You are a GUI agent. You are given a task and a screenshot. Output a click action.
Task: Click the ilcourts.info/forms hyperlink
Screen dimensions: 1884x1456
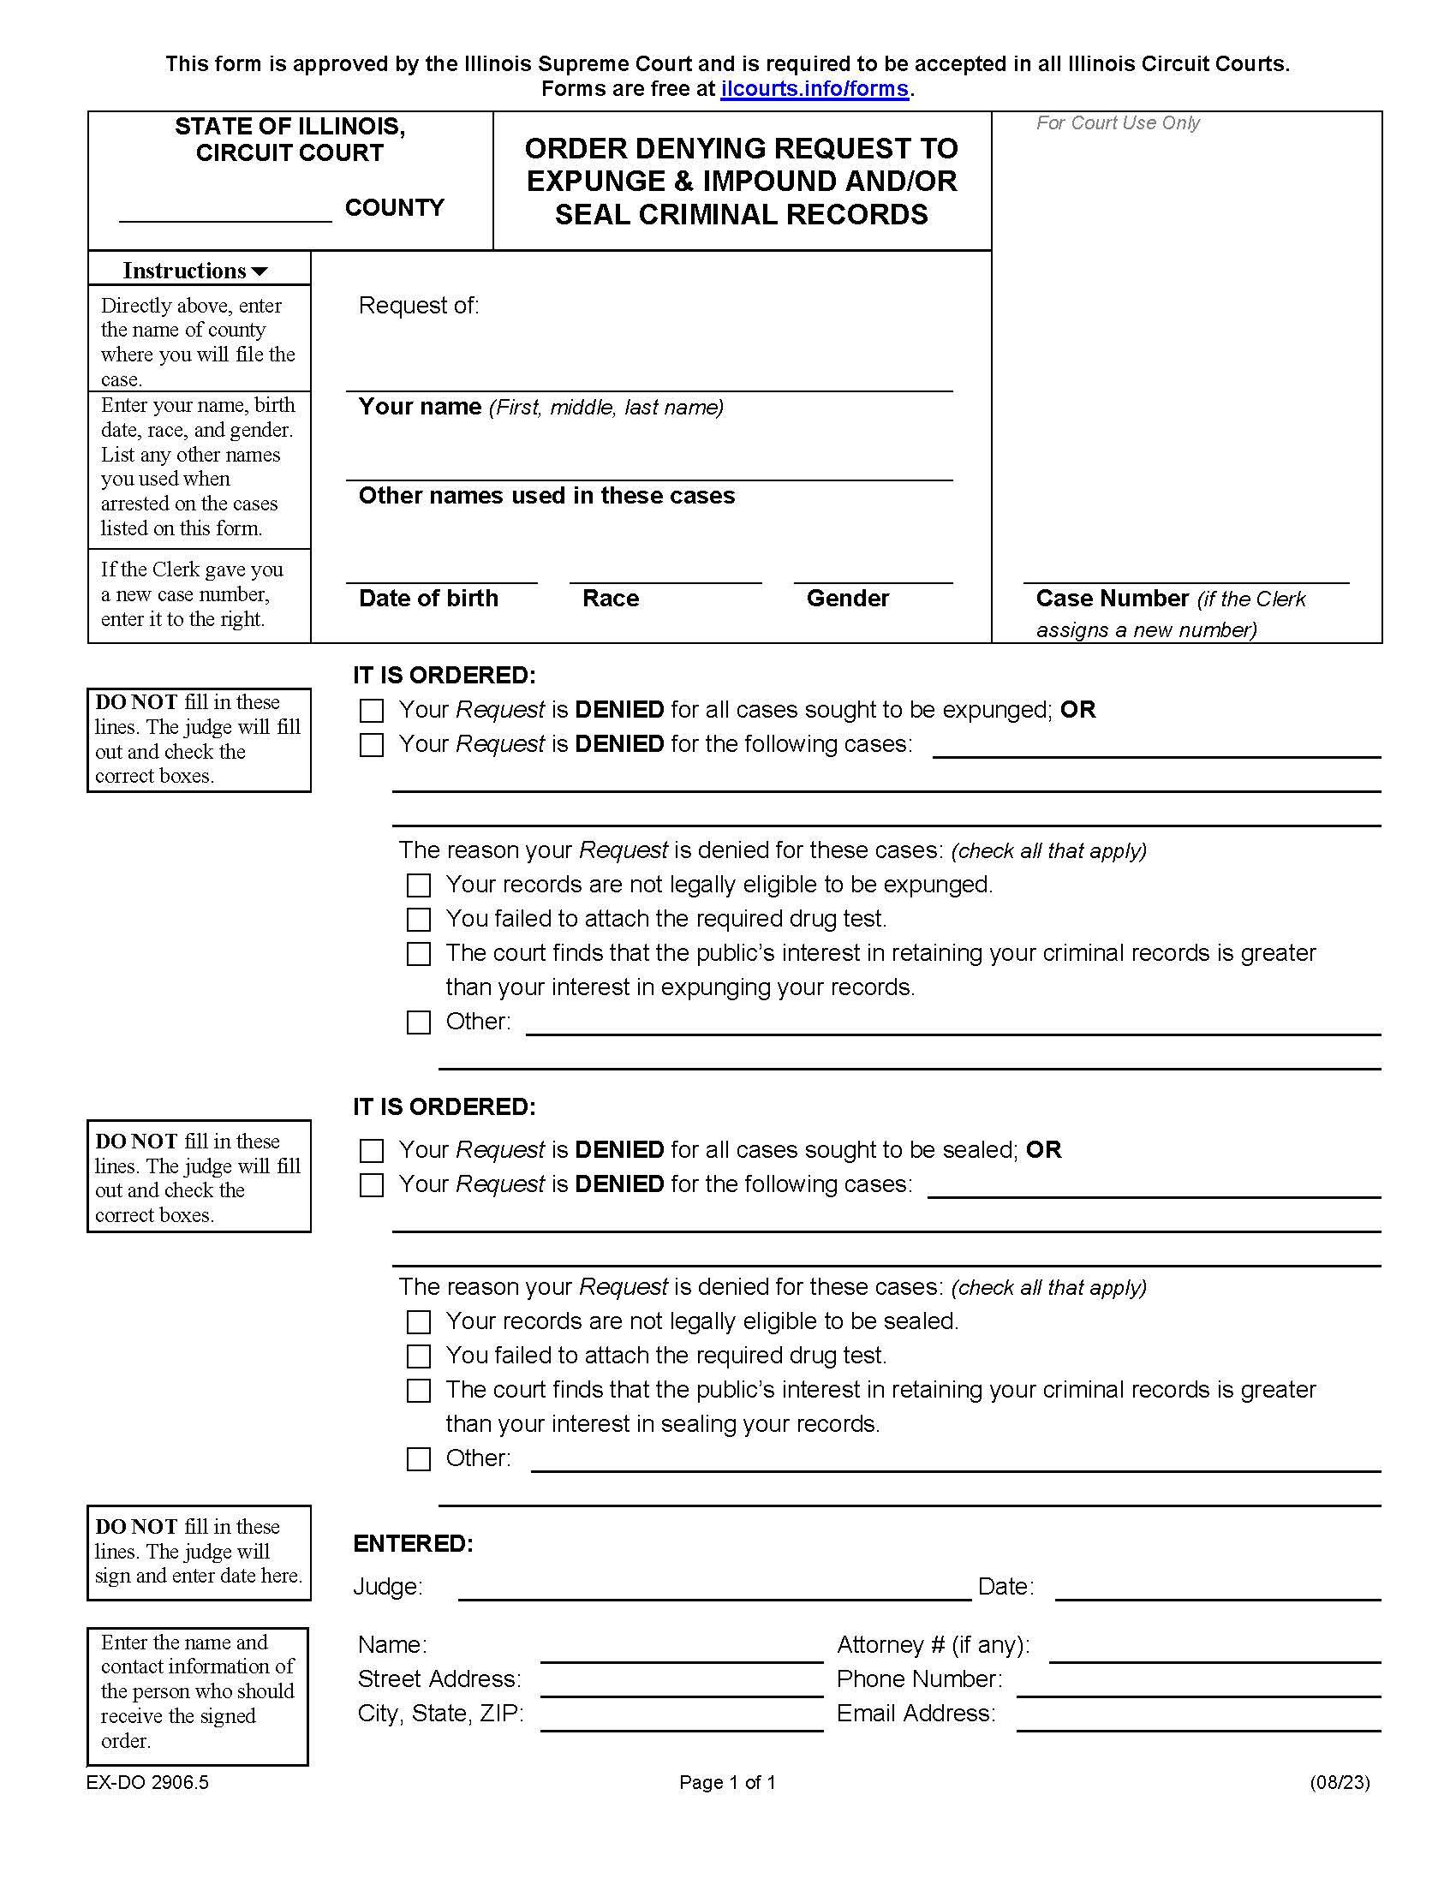(815, 89)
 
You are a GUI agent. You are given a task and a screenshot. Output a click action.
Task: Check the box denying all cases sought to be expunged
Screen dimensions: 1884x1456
(372, 711)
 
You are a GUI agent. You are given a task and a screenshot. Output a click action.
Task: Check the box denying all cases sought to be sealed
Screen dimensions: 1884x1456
(372, 1151)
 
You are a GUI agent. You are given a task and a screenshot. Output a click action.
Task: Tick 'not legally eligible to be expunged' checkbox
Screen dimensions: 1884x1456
(418, 885)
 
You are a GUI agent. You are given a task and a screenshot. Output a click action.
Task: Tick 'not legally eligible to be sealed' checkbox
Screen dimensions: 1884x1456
(418, 1321)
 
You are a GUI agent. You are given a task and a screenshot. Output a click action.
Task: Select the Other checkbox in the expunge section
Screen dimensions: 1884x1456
(418, 1022)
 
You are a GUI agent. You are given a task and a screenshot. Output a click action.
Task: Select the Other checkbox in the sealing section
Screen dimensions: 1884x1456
(418, 1458)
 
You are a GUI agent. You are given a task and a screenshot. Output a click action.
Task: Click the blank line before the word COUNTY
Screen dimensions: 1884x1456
(225, 212)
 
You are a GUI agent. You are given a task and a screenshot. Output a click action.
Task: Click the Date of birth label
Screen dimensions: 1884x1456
(428, 599)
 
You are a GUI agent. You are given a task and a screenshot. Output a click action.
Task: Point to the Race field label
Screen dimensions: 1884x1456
(611, 599)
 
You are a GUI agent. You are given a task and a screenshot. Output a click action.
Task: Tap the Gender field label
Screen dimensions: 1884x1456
(847, 599)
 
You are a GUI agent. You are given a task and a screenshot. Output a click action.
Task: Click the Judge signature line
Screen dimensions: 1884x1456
(714, 1591)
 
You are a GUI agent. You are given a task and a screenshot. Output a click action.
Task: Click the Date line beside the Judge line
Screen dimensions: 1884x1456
(1217, 1591)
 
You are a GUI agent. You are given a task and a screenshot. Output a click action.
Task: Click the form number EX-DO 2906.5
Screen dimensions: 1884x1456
(147, 1782)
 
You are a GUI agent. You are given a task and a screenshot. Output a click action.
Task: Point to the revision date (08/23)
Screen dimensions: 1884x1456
(1339, 1782)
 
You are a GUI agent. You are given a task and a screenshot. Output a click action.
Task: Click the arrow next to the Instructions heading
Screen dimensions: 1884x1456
(259, 271)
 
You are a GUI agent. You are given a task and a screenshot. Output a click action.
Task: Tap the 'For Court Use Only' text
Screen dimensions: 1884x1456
(1117, 123)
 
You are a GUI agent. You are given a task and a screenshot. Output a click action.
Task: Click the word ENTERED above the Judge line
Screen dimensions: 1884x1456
(413, 1543)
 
